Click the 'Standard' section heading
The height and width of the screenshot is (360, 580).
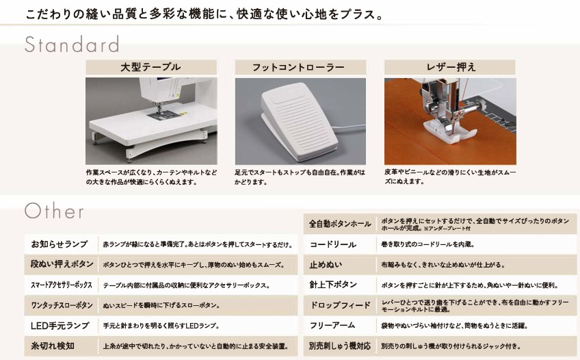coord(72,44)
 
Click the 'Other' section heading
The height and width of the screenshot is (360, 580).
coord(55,211)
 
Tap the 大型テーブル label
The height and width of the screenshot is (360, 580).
coord(150,67)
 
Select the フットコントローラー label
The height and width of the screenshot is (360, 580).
coord(298,67)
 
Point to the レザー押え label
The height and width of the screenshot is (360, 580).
coord(451,67)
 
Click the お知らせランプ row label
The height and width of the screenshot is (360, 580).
coord(60,244)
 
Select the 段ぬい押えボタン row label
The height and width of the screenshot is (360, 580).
coord(62,264)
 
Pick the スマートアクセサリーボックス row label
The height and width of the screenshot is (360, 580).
coord(62,285)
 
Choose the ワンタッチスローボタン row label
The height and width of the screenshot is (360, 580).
coord(62,305)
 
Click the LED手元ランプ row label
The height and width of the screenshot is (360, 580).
coord(60,326)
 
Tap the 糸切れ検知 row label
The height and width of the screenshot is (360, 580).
coord(53,346)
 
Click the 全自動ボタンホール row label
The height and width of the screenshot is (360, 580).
coord(340,224)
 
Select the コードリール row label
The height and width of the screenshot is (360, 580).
coord(333,244)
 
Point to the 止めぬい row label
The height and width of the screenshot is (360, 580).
coord(326,265)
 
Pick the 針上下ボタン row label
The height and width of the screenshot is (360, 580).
coord(333,285)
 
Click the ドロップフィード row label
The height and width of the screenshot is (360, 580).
coord(340,305)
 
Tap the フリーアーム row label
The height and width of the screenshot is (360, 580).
coord(332,326)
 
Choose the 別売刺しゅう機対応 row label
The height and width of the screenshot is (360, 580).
coord(339,346)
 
